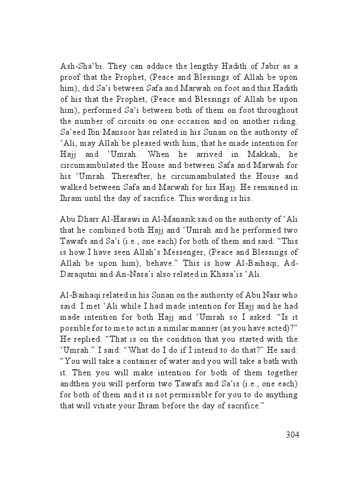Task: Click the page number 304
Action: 292,435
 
